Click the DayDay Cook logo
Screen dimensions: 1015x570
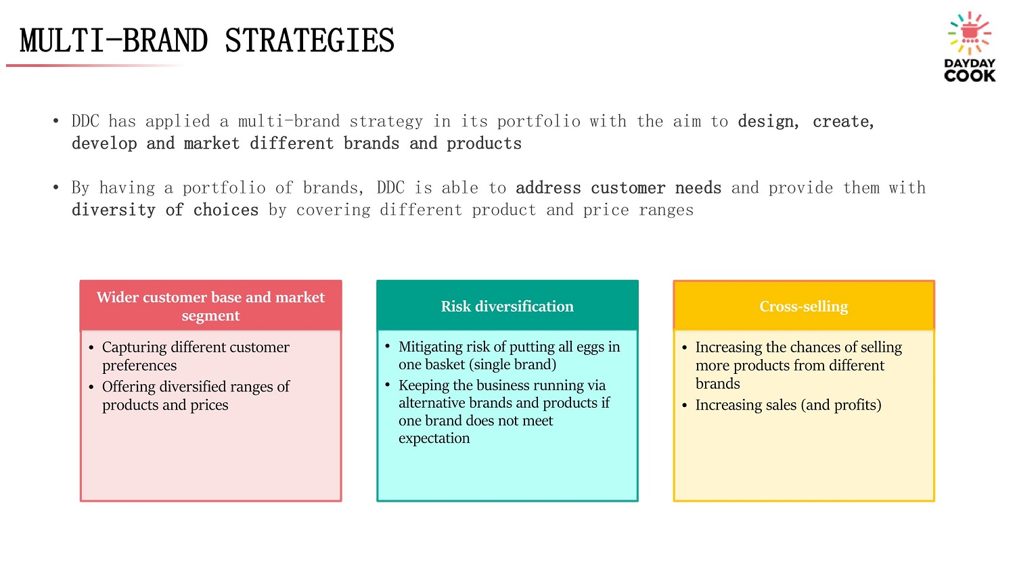pyautogui.click(x=970, y=47)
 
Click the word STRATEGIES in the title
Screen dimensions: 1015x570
pyautogui.click(x=309, y=41)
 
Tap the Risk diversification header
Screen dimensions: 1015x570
pyautogui.click(x=507, y=306)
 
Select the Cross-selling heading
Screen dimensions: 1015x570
pyautogui.click(x=804, y=306)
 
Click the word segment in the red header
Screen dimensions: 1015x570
pyautogui.click(x=210, y=316)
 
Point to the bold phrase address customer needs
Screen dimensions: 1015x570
pyautogui.click(x=618, y=188)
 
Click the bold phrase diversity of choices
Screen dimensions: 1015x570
pyautogui.click(x=165, y=210)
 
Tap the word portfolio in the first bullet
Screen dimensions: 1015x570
pyautogui.click(x=539, y=121)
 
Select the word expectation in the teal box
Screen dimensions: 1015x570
pyautogui.click(x=434, y=438)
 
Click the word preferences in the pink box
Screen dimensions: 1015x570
pyautogui.click(x=139, y=366)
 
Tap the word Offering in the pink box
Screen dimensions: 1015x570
pyautogui.click(x=129, y=387)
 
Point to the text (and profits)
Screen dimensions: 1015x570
pyautogui.click(x=841, y=405)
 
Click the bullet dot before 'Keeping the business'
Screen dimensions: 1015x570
pyautogui.click(x=388, y=385)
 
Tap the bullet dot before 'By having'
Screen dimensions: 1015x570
pyautogui.click(x=55, y=187)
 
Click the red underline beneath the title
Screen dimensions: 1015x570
pyautogui.click(x=95, y=66)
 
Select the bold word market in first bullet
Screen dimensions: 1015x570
pyautogui.click(x=212, y=143)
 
